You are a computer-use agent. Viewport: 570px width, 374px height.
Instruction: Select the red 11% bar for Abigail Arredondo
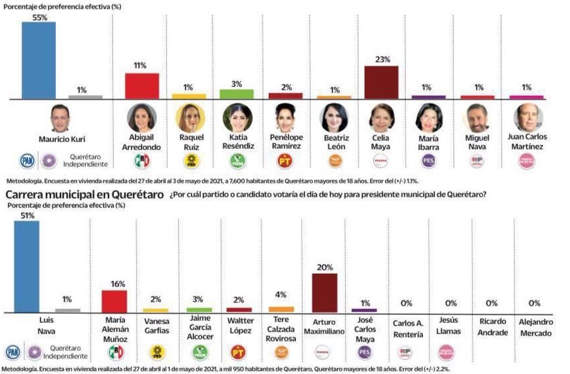142,86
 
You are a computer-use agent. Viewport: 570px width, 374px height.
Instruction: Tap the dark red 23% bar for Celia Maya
381,82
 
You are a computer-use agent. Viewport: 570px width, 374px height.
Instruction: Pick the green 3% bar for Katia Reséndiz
236,94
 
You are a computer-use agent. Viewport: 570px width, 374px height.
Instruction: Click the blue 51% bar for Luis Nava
26,266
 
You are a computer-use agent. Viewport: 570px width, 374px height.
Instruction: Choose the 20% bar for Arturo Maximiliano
325,292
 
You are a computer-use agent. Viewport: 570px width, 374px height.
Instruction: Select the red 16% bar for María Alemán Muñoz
114,301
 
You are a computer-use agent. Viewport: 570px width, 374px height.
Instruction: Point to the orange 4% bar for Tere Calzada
281,309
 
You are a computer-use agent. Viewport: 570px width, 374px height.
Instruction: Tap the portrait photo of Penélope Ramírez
286,118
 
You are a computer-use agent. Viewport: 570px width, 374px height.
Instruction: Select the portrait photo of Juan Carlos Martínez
528,118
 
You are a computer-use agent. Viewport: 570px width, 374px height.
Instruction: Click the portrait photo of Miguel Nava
477,118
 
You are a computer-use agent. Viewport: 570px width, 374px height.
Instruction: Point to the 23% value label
381,60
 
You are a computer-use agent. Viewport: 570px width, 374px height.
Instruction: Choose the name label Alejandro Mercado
533,327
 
